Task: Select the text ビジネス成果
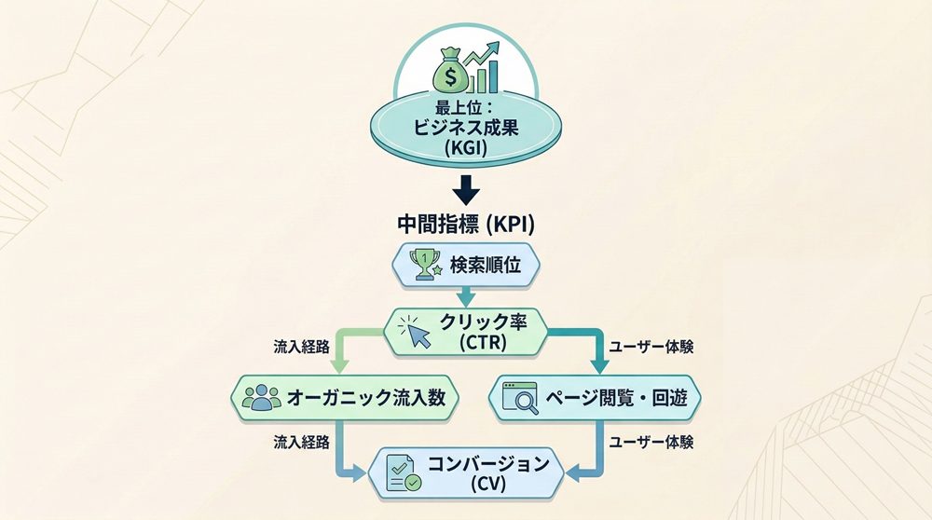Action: [x=467, y=130]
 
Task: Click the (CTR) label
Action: [x=485, y=343]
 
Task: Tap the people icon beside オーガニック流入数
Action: [x=260, y=397]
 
